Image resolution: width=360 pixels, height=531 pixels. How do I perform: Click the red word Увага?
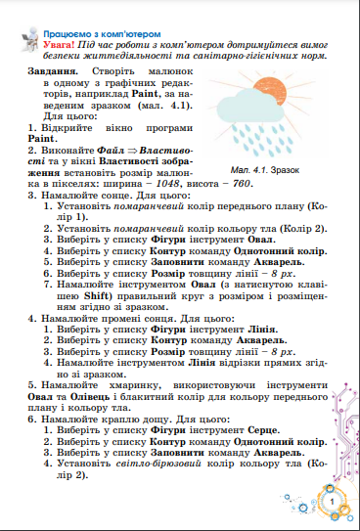(x=46, y=45)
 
